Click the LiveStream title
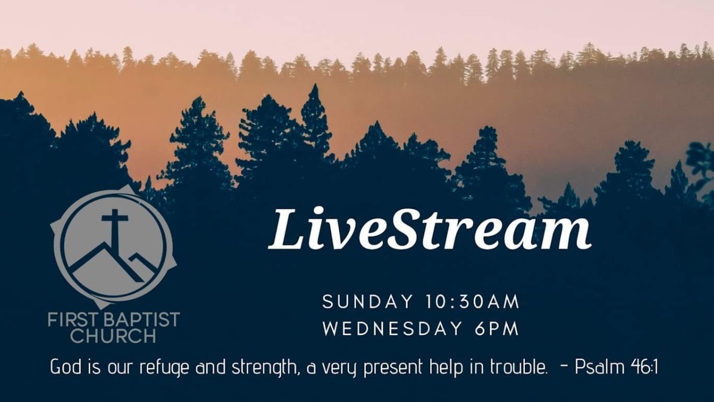429,228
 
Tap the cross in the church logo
114,226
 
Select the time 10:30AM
471,302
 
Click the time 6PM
497,329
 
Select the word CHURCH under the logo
113,336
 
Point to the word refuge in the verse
163,368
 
